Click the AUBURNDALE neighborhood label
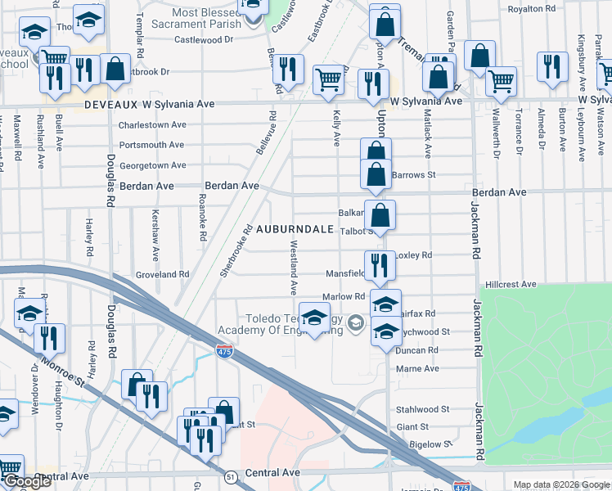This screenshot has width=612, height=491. pyautogui.click(x=295, y=230)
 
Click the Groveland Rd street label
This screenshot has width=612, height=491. pyautogui.click(x=162, y=275)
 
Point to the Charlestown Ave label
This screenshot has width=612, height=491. pyautogui.click(x=152, y=125)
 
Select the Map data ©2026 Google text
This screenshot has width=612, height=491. pyautogui.click(x=561, y=484)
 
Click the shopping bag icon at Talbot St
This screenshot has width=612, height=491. pyautogui.click(x=380, y=215)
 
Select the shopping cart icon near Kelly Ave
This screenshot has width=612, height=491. pyautogui.click(x=328, y=80)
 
